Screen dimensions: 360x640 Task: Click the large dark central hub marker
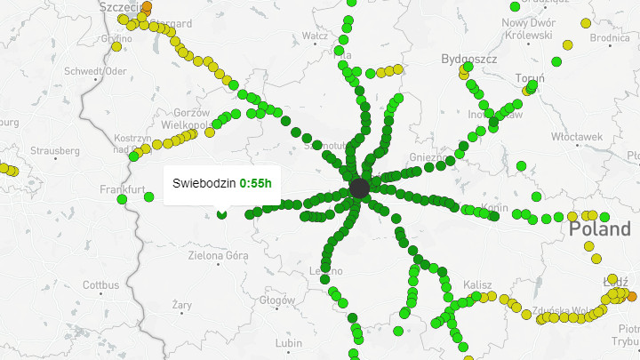pyautogui.click(x=359, y=188)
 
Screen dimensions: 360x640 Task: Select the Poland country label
pyautogui.click(x=600, y=228)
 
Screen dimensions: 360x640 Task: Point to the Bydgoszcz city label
pyautogui.click(x=468, y=59)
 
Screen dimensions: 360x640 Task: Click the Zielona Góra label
pyautogui.click(x=219, y=256)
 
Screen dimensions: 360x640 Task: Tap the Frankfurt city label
pyautogui.click(x=123, y=189)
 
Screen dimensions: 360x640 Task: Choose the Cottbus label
pyautogui.click(x=100, y=285)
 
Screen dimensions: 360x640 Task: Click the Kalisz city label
pyautogui.click(x=478, y=284)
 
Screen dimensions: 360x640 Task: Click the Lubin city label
pyautogui.click(x=289, y=342)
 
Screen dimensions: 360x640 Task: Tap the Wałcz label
pyautogui.click(x=316, y=36)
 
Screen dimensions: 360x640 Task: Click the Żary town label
pyautogui.click(x=182, y=305)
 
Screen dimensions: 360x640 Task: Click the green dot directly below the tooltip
pyautogui.click(x=221, y=213)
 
